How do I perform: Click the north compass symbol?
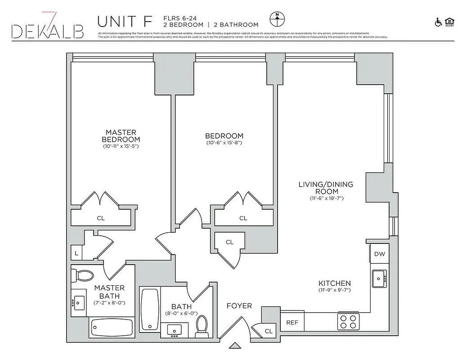[x=277, y=19]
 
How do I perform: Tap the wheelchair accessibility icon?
[x=438, y=22]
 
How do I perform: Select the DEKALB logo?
[x=48, y=28]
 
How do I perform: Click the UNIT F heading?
[x=125, y=21]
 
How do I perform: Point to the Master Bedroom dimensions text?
[x=121, y=146]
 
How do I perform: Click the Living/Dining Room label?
[x=326, y=188]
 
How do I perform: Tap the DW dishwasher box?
[x=379, y=254]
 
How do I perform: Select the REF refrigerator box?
[x=292, y=322]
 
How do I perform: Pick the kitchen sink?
[x=379, y=279]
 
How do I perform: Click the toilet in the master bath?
[x=82, y=275]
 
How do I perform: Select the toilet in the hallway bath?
[x=202, y=326]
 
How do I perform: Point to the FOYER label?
[x=239, y=306]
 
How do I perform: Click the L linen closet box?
[x=76, y=253]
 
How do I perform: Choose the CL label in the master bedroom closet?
[x=101, y=218]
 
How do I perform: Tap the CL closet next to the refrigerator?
[x=269, y=331]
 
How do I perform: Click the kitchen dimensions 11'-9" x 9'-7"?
[x=334, y=290]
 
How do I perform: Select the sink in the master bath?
[x=79, y=302]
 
